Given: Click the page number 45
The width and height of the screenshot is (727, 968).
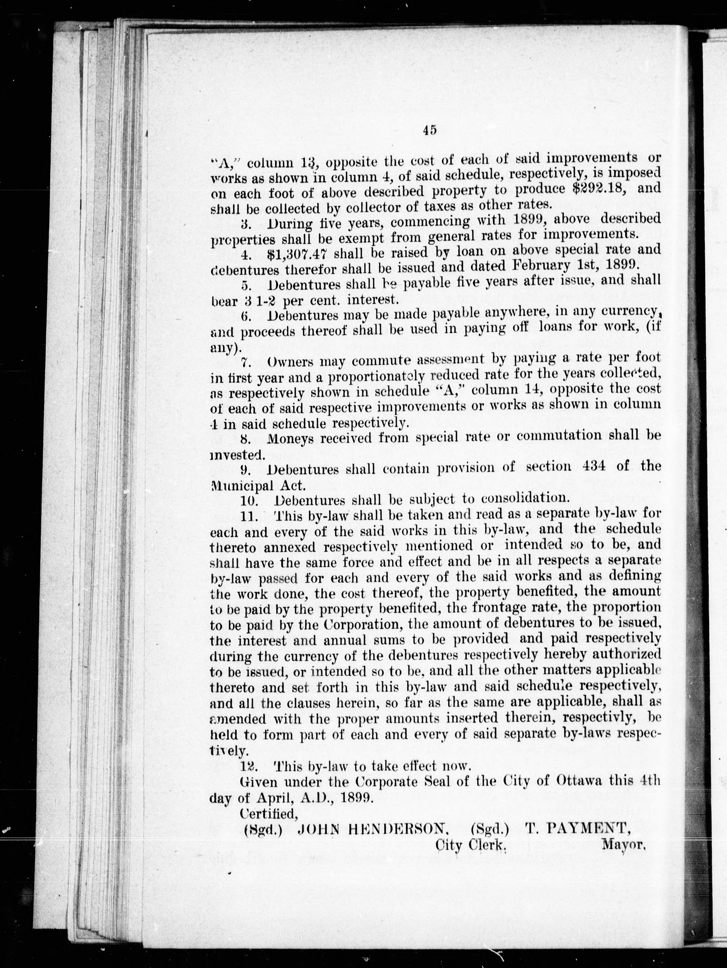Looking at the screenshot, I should pyautogui.click(x=430, y=130).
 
